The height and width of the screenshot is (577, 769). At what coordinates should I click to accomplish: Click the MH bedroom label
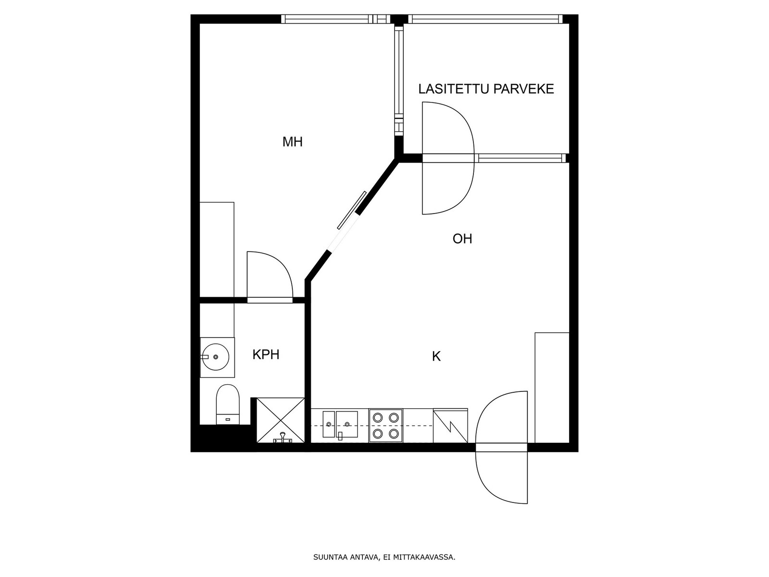click(292, 142)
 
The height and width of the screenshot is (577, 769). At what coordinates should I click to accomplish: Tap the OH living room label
click(462, 239)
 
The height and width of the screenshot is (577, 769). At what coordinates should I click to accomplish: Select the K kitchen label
click(436, 357)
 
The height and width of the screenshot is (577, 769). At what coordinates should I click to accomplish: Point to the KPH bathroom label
click(266, 355)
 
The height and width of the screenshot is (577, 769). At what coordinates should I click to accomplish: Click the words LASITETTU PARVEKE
click(486, 89)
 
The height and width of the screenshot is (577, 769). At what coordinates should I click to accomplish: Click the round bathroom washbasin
click(215, 357)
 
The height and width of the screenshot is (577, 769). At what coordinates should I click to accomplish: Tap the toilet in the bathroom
click(228, 404)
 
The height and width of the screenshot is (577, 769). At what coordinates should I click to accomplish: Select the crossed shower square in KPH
click(281, 420)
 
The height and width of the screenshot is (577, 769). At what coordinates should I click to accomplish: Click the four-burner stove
click(386, 426)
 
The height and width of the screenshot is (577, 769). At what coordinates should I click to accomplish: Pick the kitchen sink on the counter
click(340, 424)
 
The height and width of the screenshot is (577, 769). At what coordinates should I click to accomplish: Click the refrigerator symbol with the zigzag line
click(450, 426)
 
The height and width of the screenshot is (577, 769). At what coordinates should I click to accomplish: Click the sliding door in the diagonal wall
click(352, 210)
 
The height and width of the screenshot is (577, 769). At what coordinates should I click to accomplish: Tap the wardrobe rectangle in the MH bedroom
click(217, 250)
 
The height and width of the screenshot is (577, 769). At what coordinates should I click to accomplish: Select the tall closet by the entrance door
click(552, 388)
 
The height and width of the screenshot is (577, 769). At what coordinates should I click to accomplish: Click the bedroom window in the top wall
click(335, 19)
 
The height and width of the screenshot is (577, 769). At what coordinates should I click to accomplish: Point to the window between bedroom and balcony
click(399, 81)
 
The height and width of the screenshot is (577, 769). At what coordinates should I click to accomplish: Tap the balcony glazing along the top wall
click(485, 19)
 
